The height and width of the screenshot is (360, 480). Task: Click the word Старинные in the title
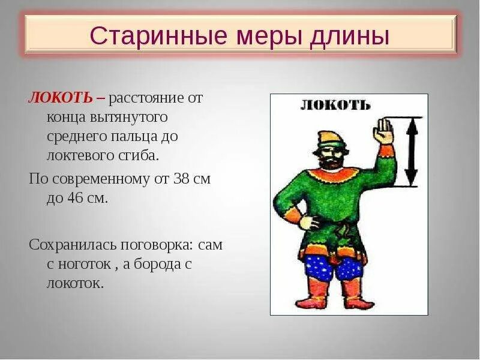tap(159, 36)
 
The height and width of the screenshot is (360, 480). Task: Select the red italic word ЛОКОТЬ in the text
tap(61, 98)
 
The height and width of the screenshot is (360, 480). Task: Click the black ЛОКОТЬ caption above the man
tap(335, 106)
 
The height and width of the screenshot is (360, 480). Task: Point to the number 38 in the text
tap(181, 178)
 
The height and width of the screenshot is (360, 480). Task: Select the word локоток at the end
tap(73, 283)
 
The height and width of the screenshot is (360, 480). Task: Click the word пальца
tap(134, 137)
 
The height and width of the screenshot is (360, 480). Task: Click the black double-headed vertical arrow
tap(412, 152)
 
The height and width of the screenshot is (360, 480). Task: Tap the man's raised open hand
tap(382, 131)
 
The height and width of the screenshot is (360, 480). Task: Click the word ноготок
tap(85, 265)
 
